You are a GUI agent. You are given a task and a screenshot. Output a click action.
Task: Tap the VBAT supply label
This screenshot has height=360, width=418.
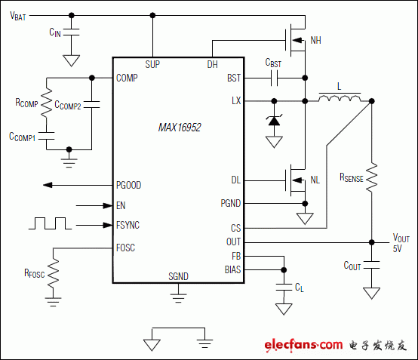(x=19, y=17)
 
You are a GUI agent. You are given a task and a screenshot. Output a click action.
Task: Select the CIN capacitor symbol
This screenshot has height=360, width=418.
(x=72, y=33)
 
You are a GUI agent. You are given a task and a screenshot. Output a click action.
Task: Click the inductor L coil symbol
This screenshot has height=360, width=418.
(x=340, y=99)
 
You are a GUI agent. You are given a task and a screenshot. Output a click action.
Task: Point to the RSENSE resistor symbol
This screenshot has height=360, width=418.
(x=371, y=178)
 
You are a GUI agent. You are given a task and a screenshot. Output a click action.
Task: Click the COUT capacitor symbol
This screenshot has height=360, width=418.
(x=371, y=265)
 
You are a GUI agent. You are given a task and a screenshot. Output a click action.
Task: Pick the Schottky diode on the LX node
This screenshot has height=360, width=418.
(x=274, y=120)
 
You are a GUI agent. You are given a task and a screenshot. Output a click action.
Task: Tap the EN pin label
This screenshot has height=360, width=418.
(x=121, y=205)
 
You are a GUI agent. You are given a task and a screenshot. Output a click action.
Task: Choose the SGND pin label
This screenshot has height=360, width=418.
(x=179, y=277)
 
